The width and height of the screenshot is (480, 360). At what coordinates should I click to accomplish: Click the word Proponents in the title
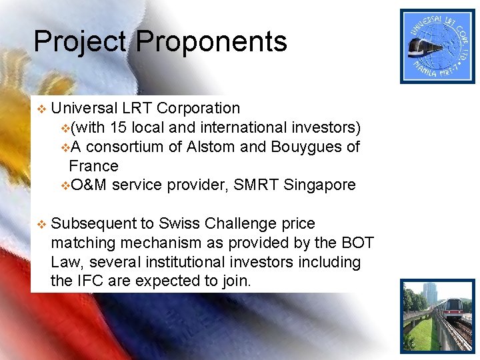[x=211, y=41]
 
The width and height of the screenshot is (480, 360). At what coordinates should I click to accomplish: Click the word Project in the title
[x=79, y=41]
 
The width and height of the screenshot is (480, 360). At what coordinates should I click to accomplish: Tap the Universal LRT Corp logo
[x=437, y=46]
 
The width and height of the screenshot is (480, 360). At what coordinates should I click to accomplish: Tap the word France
[x=93, y=166]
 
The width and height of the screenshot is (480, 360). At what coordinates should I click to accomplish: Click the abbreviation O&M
[x=89, y=185]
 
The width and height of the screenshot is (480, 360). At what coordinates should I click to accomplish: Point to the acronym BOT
[x=357, y=243]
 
